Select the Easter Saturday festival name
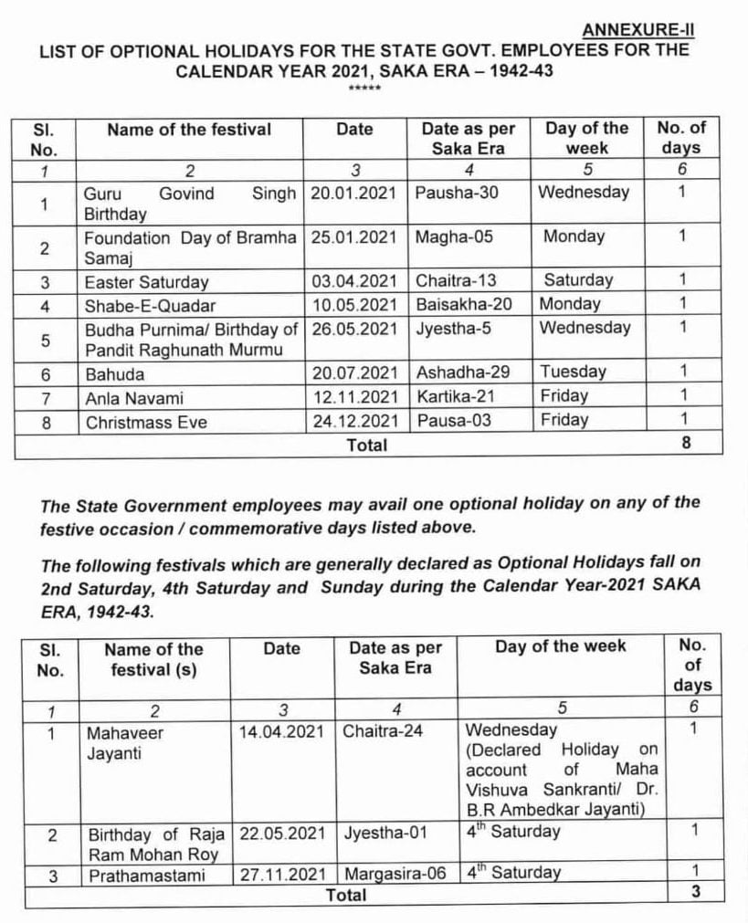(x=147, y=282)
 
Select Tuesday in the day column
(x=573, y=372)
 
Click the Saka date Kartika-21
(x=457, y=397)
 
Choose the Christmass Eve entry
(x=146, y=422)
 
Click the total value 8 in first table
(x=686, y=444)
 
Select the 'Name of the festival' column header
(x=189, y=130)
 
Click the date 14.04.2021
(x=281, y=732)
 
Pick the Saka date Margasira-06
(x=395, y=874)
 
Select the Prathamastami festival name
(x=144, y=875)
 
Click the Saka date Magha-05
(x=454, y=237)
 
